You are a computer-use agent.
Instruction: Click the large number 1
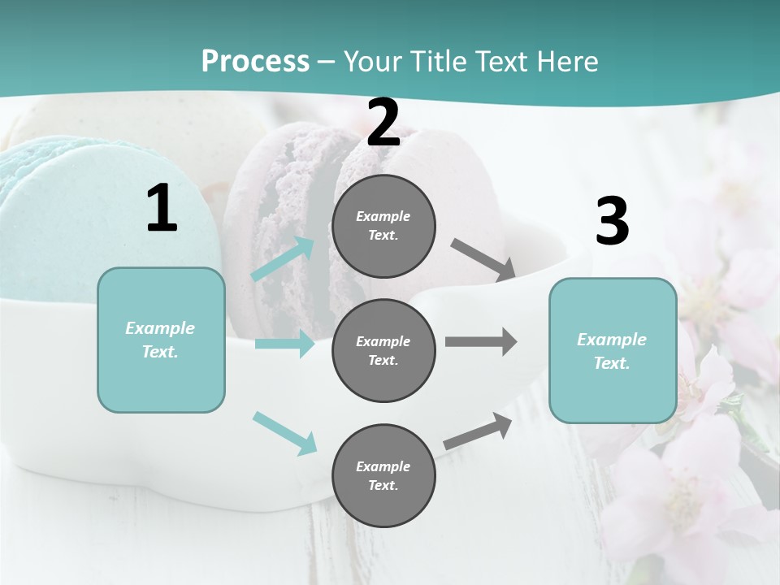pyautogui.click(x=162, y=209)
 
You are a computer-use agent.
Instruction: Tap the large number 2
pyautogui.click(x=383, y=123)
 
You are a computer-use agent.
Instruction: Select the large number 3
pyautogui.click(x=612, y=222)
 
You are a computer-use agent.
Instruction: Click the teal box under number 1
pyautogui.click(x=161, y=340)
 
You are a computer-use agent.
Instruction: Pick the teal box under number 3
pyautogui.click(x=613, y=350)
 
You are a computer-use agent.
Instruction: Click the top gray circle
pyautogui.click(x=383, y=226)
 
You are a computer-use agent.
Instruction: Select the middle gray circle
pyautogui.click(x=383, y=350)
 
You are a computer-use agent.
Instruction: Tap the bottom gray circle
pyautogui.click(x=383, y=475)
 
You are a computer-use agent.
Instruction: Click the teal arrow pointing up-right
pyautogui.click(x=283, y=259)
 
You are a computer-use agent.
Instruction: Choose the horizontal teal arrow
pyautogui.click(x=284, y=344)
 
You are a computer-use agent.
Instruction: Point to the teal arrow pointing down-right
pyautogui.click(x=285, y=432)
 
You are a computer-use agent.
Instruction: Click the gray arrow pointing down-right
pyautogui.click(x=483, y=259)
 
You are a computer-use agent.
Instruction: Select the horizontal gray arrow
pyautogui.click(x=481, y=342)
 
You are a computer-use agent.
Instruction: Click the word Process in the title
pyautogui.click(x=255, y=61)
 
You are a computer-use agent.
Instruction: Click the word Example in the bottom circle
pyautogui.click(x=383, y=466)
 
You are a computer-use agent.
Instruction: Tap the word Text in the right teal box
pyautogui.click(x=612, y=363)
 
